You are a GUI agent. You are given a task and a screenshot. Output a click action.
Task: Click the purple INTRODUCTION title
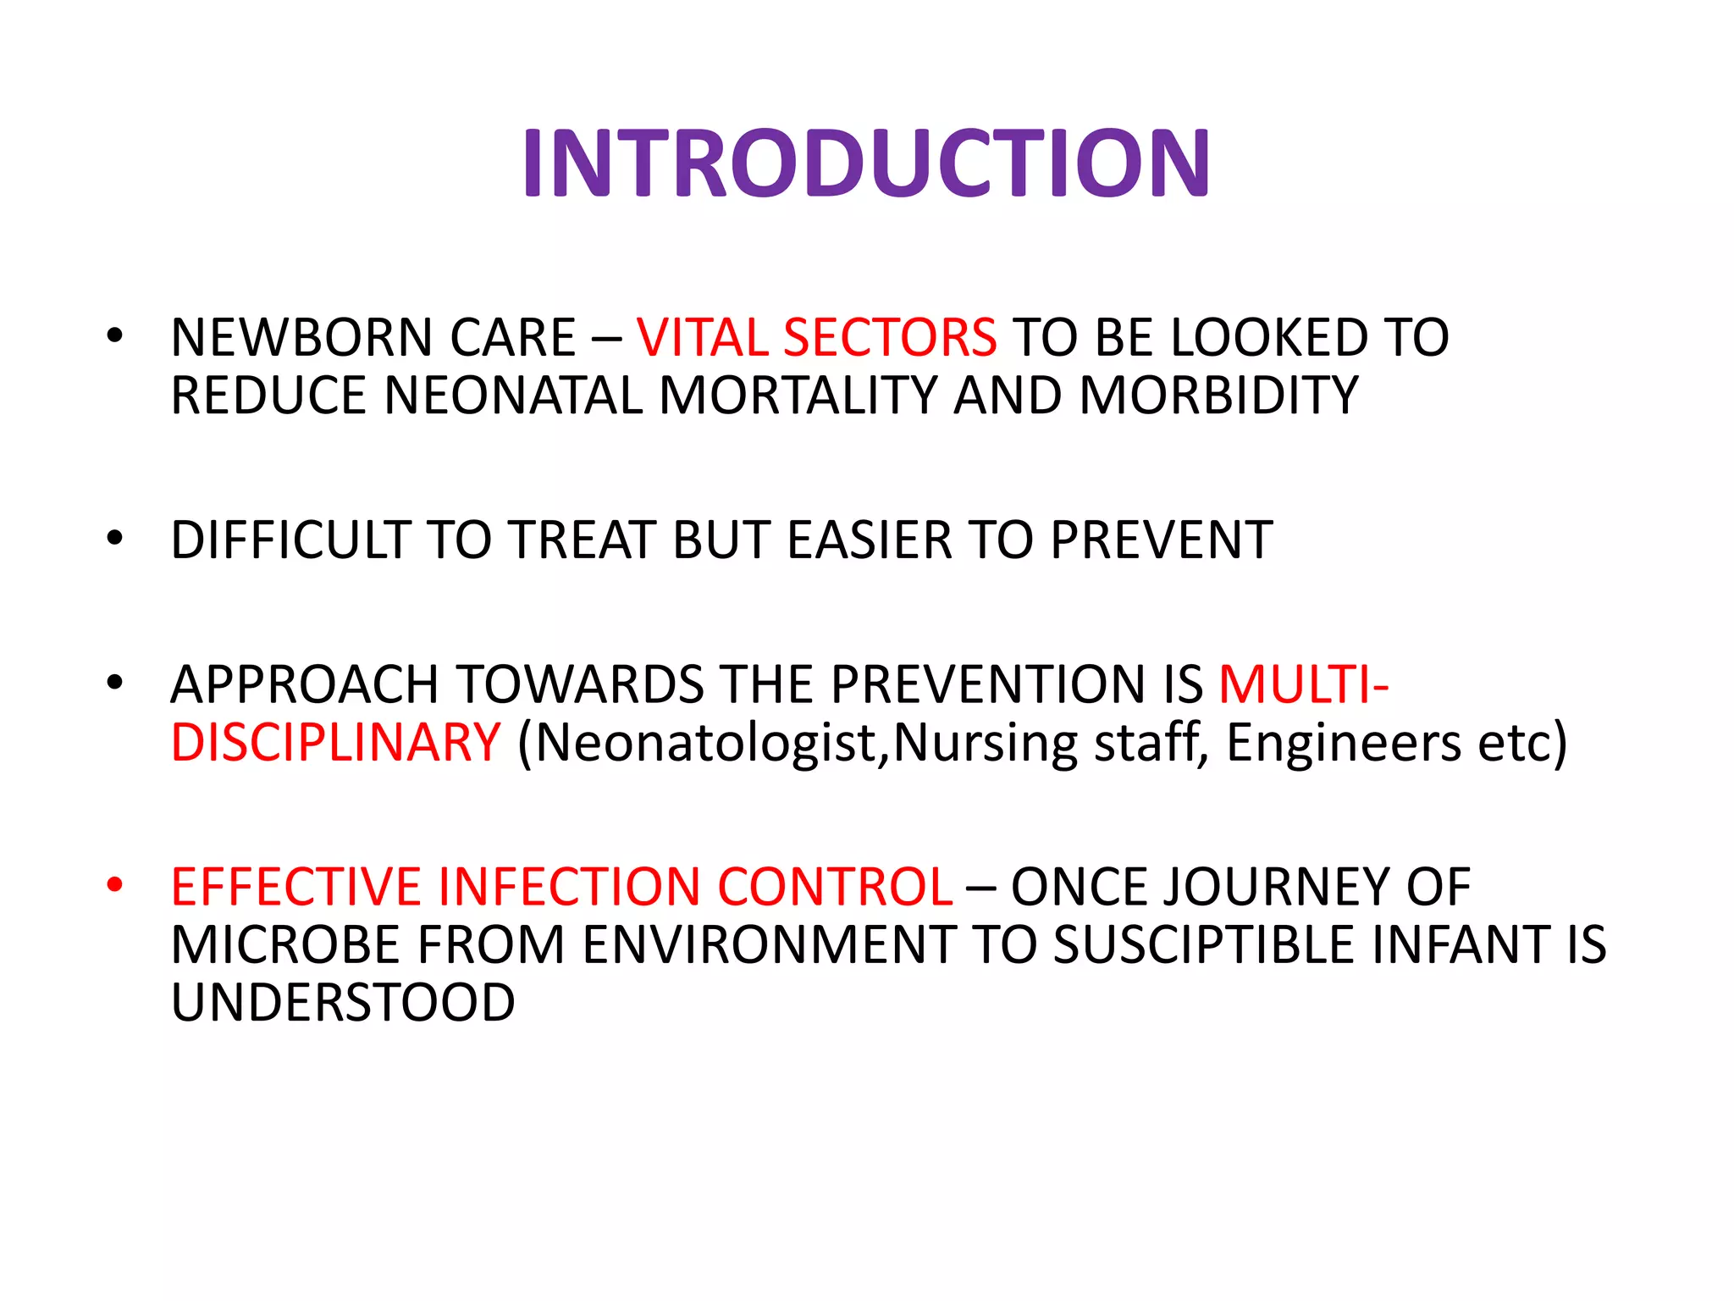(x=866, y=163)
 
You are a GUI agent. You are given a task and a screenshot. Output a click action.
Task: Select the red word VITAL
(x=702, y=338)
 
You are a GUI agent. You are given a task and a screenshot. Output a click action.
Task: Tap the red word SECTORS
(x=890, y=338)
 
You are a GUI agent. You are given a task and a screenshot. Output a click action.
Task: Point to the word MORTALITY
(x=798, y=396)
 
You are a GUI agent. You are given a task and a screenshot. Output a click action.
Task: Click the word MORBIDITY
(x=1219, y=396)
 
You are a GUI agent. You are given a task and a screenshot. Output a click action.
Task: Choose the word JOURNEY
(x=1278, y=888)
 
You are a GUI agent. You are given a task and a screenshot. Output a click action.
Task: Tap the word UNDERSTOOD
(x=343, y=1003)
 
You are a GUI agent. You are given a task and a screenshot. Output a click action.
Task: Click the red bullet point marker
(x=115, y=885)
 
